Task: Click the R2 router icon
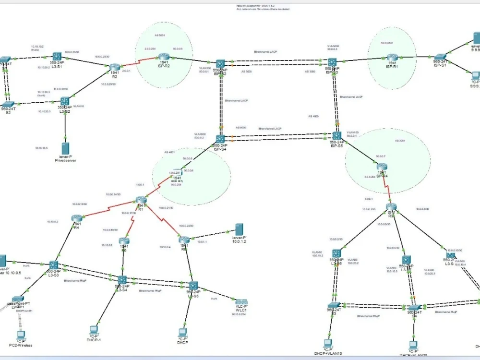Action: point(114,68)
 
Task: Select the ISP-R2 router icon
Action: point(164,56)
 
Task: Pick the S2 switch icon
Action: point(8,104)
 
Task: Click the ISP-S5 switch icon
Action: point(336,136)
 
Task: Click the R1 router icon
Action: point(141,200)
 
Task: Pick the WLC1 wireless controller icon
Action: point(241,302)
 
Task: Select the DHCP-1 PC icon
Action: point(94,330)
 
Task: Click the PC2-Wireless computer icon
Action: point(20,335)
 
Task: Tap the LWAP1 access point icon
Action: point(18,299)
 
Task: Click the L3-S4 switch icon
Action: point(122,280)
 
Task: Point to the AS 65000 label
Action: point(386,42)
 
